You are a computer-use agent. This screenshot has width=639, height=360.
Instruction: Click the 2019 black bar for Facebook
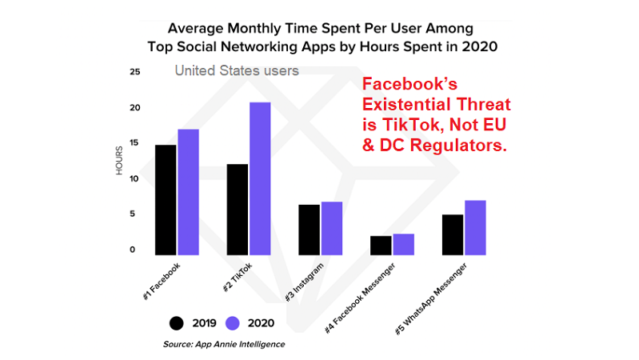166,199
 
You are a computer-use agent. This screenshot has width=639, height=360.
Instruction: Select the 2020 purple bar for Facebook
188,191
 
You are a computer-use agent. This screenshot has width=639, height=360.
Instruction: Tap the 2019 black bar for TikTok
237,209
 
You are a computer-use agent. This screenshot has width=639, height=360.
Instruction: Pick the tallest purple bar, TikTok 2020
259,178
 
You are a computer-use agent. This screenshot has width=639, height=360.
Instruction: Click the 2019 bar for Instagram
309,229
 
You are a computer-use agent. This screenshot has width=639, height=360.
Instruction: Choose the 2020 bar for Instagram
331,227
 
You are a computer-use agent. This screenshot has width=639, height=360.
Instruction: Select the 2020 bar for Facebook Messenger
403,243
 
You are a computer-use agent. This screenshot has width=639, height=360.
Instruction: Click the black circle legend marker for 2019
176,322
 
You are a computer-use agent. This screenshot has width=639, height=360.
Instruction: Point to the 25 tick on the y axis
135,72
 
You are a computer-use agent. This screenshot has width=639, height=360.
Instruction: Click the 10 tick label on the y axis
135,178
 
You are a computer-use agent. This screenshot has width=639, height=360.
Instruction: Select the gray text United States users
237,70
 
